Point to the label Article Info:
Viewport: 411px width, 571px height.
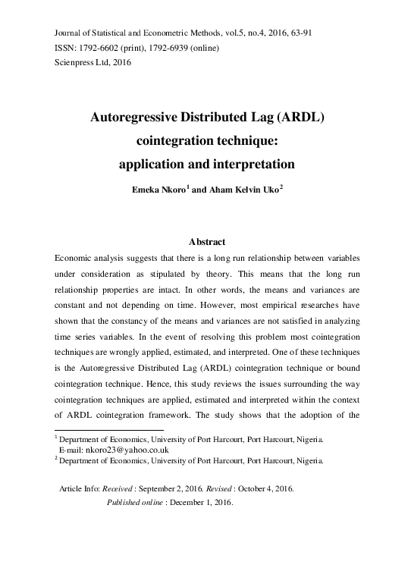[81, 489]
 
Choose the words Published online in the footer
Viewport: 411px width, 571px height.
[133, 502]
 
